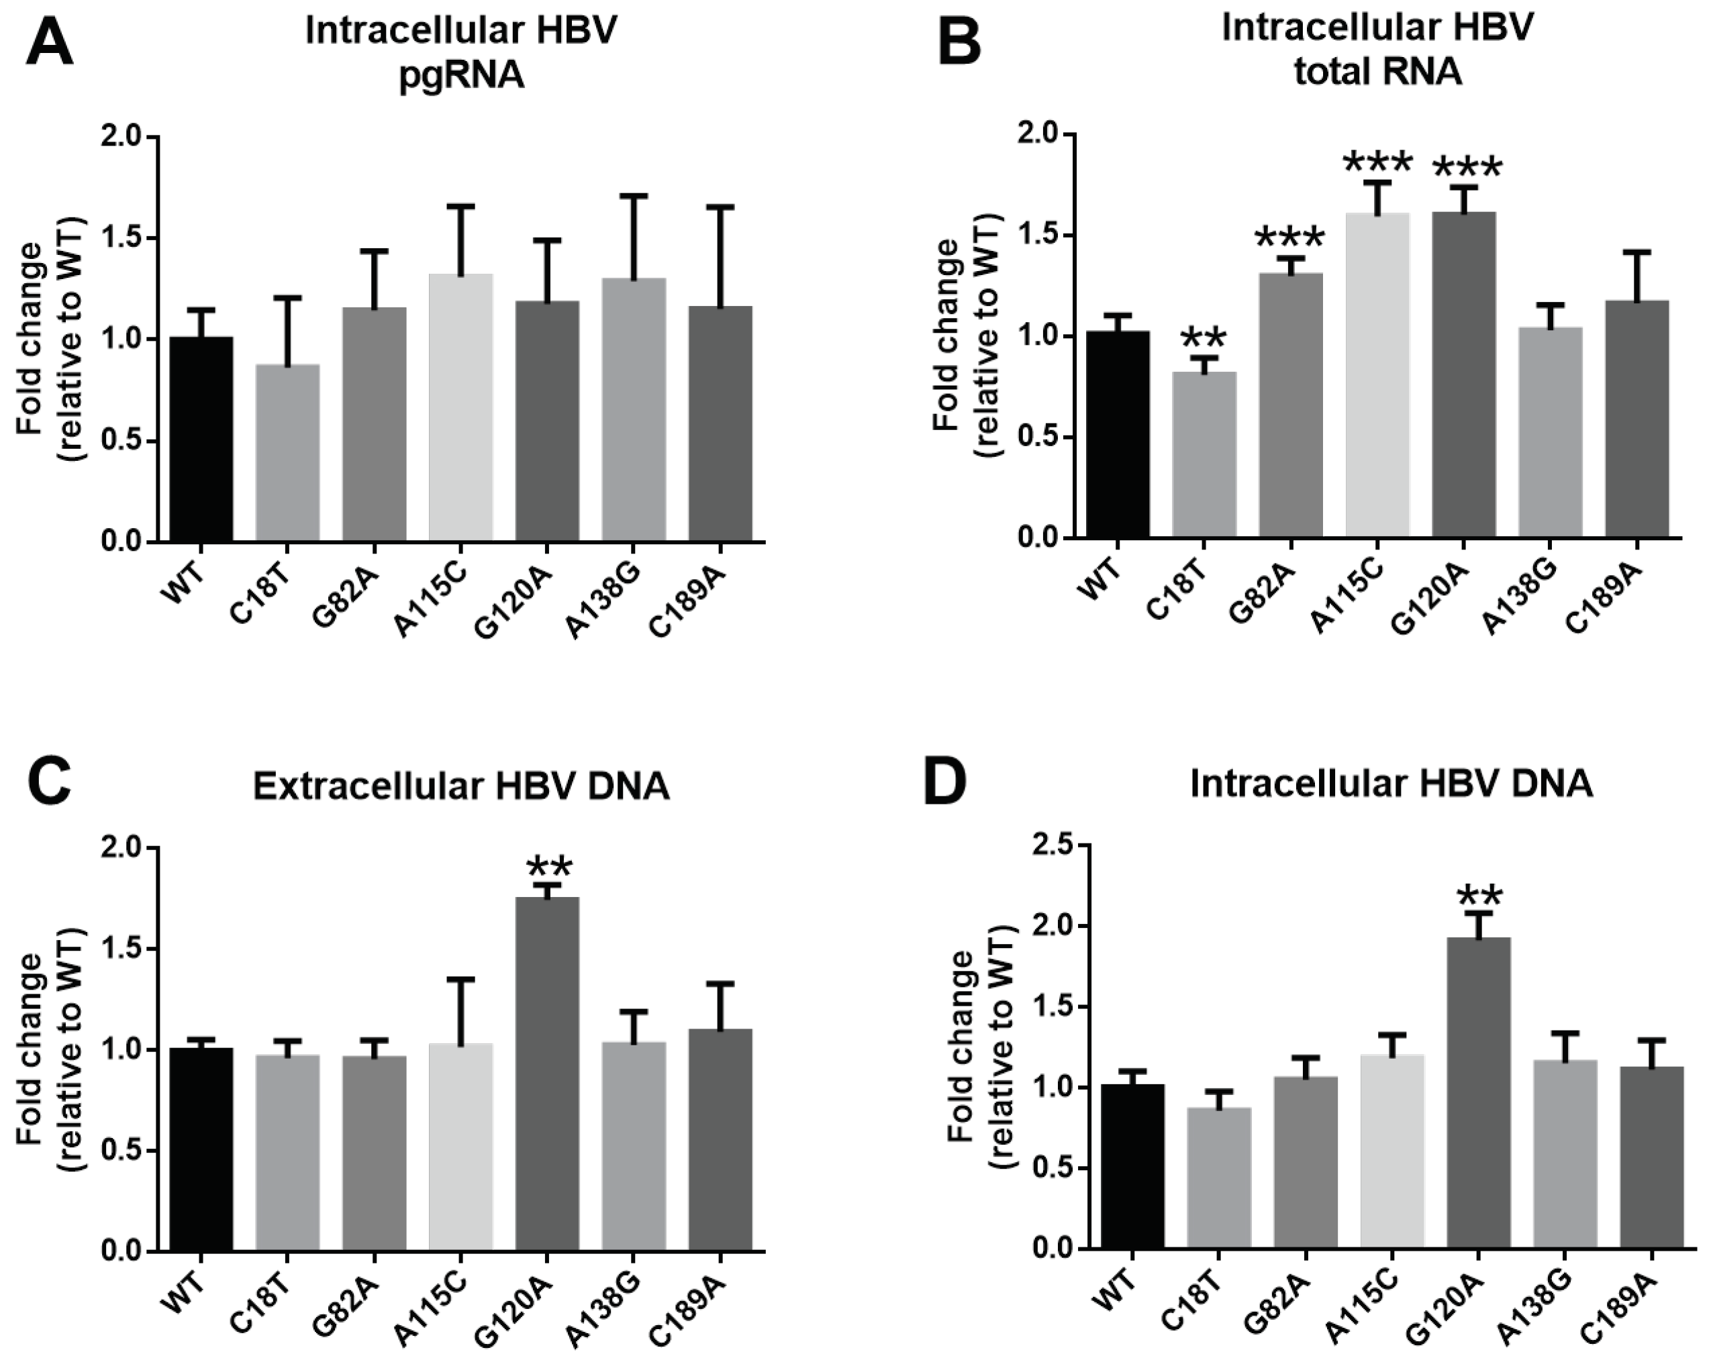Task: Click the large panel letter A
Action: pos(49,44)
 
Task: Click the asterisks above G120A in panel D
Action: pos(1478,898)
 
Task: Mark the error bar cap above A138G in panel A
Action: pos(634,195)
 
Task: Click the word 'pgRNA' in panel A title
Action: pos(461,78)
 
